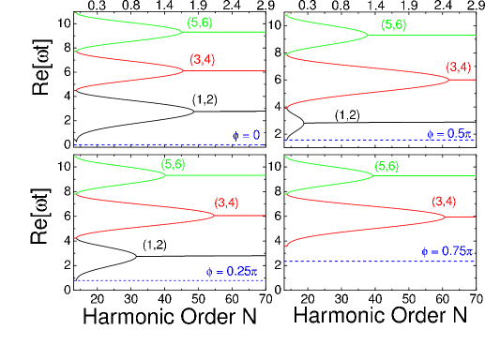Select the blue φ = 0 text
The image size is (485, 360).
246,136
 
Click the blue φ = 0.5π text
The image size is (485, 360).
448,134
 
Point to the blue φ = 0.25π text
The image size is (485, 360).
231,272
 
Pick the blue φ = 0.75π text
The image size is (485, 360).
445,251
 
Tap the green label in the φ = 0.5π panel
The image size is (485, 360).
394,24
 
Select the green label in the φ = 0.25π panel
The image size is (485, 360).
173,164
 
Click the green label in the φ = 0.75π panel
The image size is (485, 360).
386,166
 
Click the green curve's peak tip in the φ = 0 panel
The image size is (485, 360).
182,33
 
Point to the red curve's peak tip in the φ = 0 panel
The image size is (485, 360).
184,70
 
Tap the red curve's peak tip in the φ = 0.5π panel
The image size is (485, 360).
450,79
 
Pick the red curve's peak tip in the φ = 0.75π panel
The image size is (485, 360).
446,217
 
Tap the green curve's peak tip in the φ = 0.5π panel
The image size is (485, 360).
368,35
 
